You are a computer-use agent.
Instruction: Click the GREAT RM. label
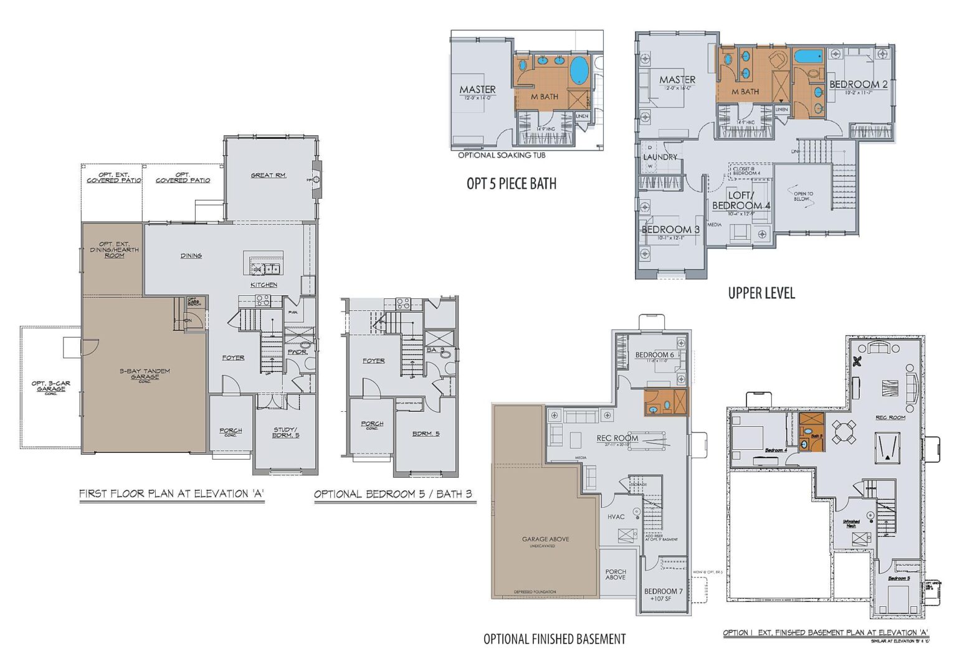269,175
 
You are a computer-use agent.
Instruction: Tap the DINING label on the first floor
191,255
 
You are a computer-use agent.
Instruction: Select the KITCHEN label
264,285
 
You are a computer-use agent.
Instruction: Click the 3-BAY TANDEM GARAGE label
145,374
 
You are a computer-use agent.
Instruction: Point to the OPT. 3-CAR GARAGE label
51,386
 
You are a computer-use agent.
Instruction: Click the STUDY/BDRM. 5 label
286,432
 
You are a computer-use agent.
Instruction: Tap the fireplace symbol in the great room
317,180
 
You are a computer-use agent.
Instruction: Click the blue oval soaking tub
579,70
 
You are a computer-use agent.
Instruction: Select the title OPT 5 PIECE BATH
512,184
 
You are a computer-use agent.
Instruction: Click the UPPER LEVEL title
761,293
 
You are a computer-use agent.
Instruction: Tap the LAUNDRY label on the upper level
660,157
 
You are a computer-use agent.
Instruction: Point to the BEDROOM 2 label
858,85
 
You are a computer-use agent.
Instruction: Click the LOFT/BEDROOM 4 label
741,201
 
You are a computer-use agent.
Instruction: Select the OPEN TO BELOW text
803,196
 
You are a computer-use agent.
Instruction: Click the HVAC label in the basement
616,516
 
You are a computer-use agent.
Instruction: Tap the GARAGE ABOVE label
545,539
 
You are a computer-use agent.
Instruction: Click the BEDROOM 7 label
663,591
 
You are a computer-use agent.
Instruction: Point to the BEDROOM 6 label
654,355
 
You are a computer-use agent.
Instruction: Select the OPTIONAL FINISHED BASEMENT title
555,639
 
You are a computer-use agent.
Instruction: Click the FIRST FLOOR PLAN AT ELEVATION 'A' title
172,494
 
